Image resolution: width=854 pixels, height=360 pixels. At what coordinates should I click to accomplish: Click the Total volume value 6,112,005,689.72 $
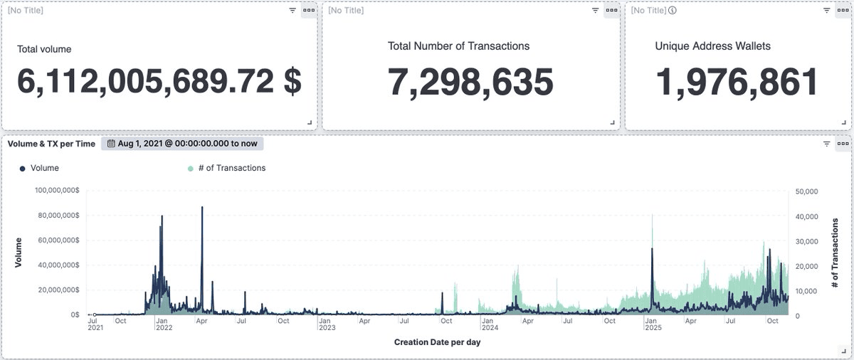(159, 82)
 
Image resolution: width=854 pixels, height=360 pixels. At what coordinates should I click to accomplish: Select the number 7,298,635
(470, 82)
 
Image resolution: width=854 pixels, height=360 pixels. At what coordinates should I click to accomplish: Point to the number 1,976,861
(737, 82)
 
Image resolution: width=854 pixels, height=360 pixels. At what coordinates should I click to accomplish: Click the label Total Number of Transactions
(458, 46)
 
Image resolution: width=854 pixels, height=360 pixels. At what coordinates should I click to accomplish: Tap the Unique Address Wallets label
(712, 46)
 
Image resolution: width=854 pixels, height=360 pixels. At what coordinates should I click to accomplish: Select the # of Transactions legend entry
(226, 168)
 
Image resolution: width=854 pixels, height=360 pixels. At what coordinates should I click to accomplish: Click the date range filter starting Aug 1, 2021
(182, 143)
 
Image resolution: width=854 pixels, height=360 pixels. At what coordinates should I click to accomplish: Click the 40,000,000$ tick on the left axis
(59, 265)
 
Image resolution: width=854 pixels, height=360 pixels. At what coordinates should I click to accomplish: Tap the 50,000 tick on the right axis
(806, 191)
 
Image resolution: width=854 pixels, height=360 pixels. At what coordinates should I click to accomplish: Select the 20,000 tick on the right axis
(806, 265)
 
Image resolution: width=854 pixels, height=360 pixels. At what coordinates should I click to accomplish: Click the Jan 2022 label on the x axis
(164, 324)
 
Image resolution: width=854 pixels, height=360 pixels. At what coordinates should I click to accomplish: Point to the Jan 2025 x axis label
(653, 324)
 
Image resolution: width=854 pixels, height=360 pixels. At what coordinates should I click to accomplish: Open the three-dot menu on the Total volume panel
(308, 10)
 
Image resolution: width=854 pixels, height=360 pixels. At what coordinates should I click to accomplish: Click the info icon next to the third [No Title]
(673, 10)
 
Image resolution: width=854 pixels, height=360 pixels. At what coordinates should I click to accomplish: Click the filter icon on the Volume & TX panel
(826, 143)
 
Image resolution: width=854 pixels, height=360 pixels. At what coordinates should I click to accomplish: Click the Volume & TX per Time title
(51, 143)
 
